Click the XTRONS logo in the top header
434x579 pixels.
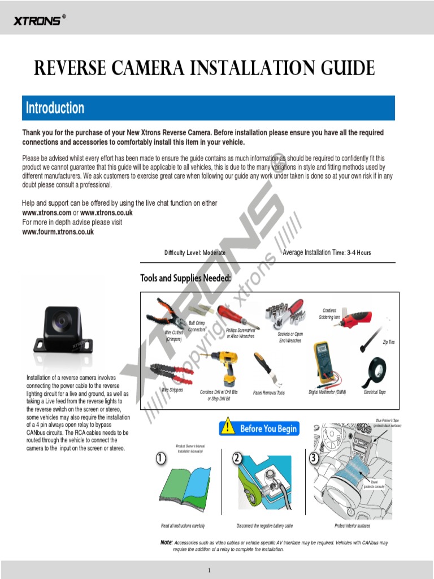38,21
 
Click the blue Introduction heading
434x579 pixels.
55,108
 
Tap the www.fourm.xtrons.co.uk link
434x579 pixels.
58,232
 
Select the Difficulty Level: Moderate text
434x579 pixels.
194,253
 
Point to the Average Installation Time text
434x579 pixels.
326,253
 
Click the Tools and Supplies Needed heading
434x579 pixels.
185,278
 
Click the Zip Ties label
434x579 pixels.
388,342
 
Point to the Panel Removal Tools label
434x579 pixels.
269,392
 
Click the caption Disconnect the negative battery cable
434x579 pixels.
264,526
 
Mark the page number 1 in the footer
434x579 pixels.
209,569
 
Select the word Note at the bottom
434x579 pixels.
166,542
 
